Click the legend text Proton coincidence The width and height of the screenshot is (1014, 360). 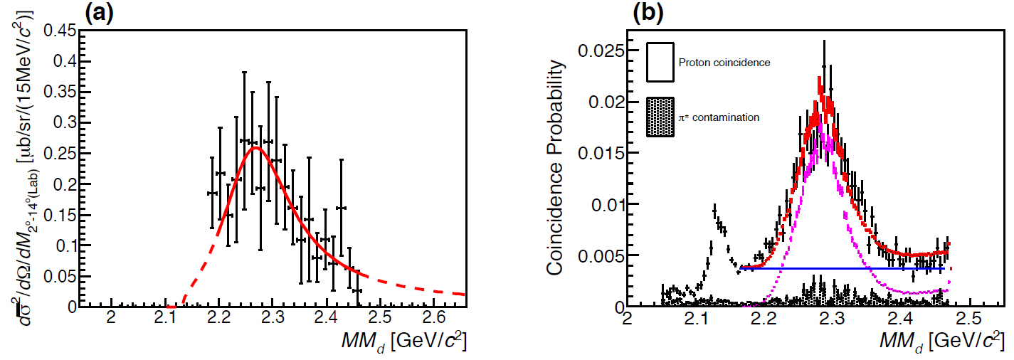pyautogui.click(x=724, y=63)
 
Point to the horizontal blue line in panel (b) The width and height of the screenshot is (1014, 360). pyautogui.click(x=840, y=269)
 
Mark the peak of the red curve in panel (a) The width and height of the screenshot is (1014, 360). pyautogui.click(x=255, y=147)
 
